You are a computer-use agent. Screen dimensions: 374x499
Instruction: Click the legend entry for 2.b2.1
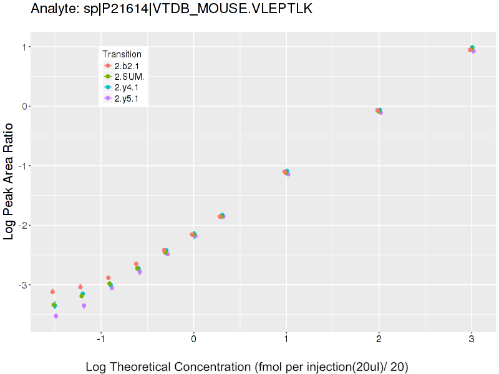tap(128, 65)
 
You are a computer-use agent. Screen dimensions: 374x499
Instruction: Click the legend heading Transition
tap(122, 54)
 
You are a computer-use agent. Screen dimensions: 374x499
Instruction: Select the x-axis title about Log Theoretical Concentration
tap(246, 367)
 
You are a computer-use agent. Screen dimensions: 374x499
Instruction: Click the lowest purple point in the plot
tap(56, 316)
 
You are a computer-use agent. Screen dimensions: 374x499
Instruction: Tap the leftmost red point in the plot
tap(52, 292)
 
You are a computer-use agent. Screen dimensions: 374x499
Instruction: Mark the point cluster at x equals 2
tap(379, 111)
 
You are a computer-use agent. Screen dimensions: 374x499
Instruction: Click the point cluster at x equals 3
tap(472, 49)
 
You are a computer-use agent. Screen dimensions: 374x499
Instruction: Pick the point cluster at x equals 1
tap(286, 172)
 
